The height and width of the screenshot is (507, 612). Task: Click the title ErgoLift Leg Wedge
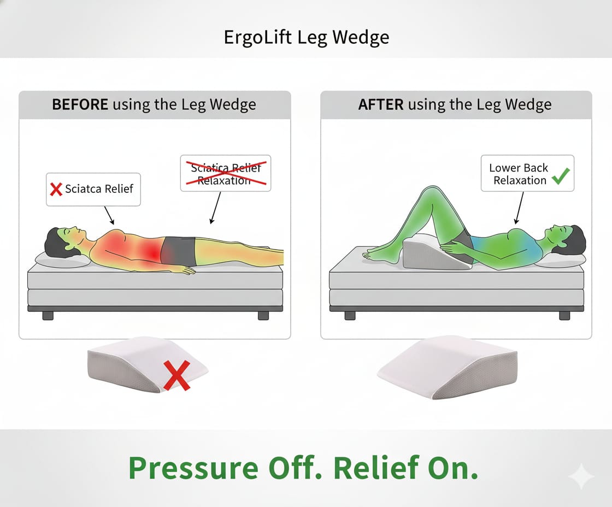pos(306,37)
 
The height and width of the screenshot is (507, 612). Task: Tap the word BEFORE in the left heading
pos(80,104)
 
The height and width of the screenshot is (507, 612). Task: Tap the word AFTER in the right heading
pos(381,104)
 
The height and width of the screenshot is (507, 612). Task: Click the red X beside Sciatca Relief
pos(56,189)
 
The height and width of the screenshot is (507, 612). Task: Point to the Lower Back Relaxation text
pos(519,174)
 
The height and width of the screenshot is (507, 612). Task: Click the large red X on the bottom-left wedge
pos(176,375)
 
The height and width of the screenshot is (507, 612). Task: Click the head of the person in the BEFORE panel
pos(60,242)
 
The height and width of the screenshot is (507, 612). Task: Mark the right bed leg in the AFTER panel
pos(564,315)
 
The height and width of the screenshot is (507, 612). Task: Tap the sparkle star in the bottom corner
pos(581,476)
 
